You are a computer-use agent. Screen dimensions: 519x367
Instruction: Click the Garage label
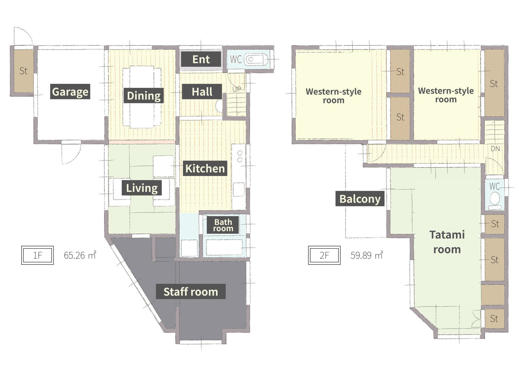click(x=70, y=91)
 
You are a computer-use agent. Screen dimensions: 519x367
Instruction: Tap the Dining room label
click(x=144, y=95)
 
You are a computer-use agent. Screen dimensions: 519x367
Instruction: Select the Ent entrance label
click(x=201, y=59)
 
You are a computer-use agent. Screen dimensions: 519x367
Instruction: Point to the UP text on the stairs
click(x=236, y=89)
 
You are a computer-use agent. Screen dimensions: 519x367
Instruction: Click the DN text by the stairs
click(x=495, y=149)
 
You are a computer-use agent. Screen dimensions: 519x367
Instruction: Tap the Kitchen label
click(x=205, y=168)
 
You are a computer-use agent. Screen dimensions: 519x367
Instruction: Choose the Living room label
click(x=142, y=188)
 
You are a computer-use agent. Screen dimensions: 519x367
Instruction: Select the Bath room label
click(x=223, y=225)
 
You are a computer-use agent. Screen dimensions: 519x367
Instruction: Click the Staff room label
click(x=191, y=291)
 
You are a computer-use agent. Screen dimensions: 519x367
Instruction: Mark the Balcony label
click(x=360, y=199)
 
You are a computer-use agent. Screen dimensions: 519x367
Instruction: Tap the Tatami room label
click(x=447, y=242)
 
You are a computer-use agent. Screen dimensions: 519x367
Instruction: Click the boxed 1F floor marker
click(x=38, y=255)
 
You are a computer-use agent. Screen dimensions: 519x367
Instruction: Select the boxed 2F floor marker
click(x=324, y=255)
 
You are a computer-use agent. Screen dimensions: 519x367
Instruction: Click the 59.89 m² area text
click(x=367, y=255)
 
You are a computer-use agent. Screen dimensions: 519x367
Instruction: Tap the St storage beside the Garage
click(x=24, y=71)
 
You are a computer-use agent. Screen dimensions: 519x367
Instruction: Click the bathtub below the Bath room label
click(x=224, y=247)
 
